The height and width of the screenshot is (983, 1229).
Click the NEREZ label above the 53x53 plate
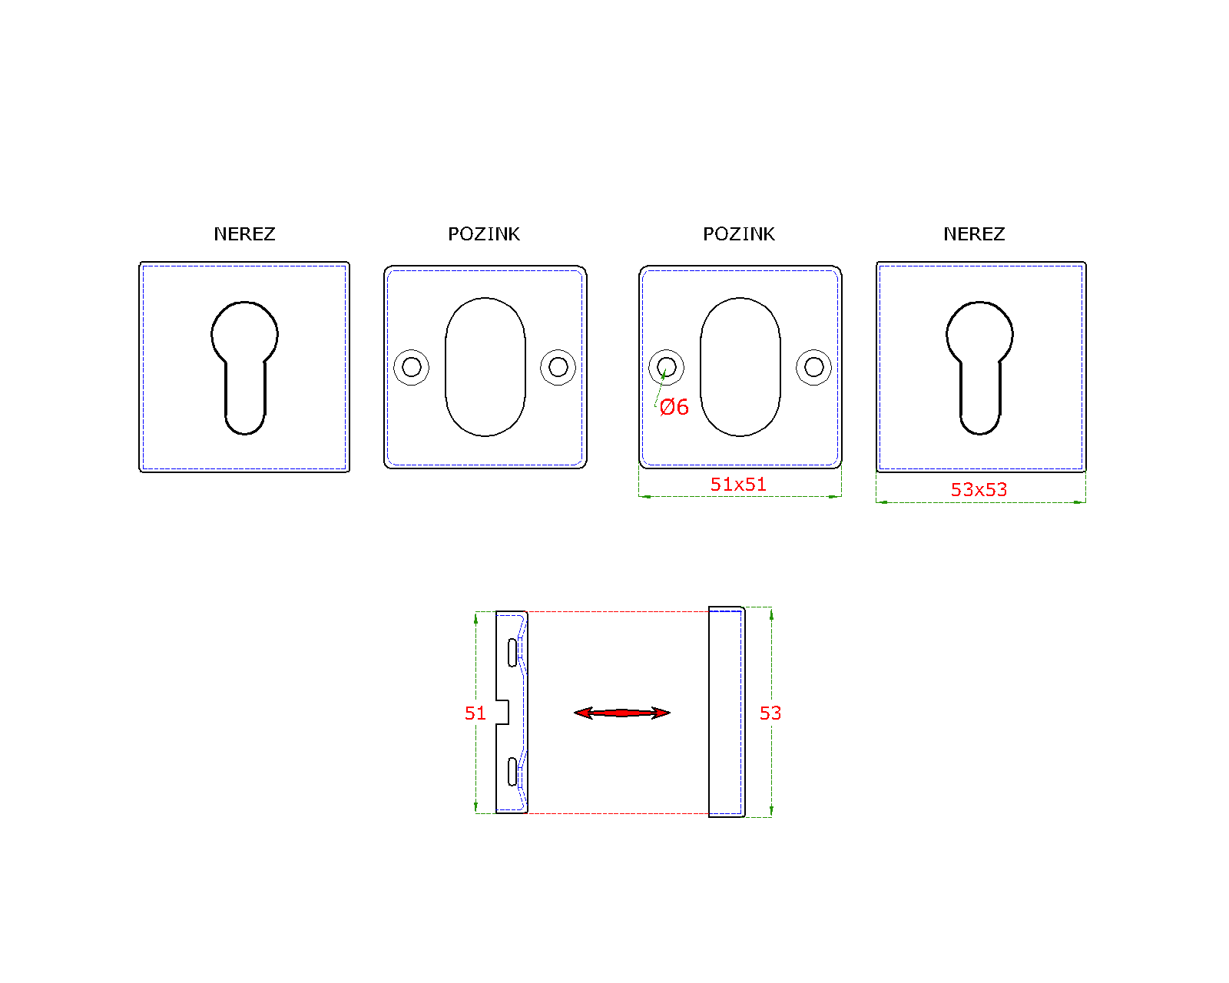click(974, 234)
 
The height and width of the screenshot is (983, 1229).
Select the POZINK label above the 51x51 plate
click(738, 234)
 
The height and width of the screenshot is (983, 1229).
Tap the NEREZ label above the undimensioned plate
click(244, 234)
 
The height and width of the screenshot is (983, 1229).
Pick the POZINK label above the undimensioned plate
click(484, 234)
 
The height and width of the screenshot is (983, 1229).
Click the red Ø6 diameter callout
click(674, 407)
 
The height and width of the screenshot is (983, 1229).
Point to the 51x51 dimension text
click(738, 485)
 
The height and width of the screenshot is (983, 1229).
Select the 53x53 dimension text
click(979, 489)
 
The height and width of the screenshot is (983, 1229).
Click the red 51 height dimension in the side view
click(475, 713)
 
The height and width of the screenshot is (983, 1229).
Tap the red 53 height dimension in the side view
click(770, 713)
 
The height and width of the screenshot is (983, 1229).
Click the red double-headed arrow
click(622, 713)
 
